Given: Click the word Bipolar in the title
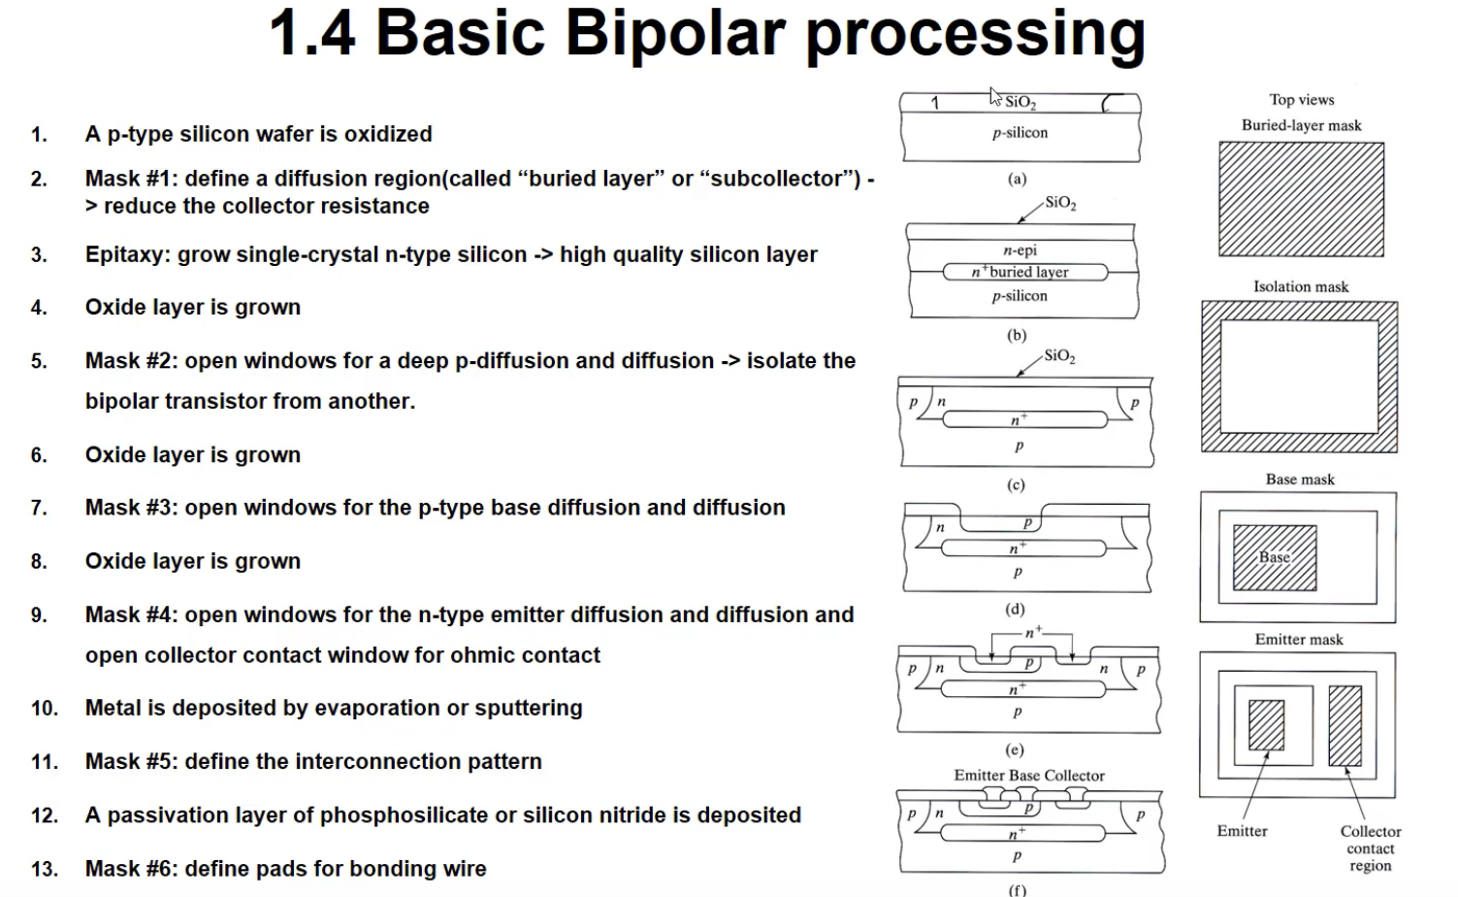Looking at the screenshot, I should pyautogui.click(x=674, y=33).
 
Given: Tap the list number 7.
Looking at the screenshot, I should pyautogui.click(x=39, y=508).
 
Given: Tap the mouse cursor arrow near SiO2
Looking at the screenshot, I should pyautogui.click(x=994, y=95).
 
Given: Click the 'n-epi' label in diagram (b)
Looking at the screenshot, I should pyautogui.click(x=1020, y=250).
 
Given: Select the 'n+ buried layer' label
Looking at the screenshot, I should pyautogui.click(x=1021, y=273).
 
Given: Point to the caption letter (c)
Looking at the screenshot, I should pyautogui.click(x=1016, y=485).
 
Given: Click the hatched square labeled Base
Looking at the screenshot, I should pyautogui.click(x=1274, y=558).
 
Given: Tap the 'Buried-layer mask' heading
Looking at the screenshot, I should pyautogui.click(x=1301, y=125).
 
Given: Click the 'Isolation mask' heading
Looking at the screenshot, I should pyautogui.click(x=1300, y=286).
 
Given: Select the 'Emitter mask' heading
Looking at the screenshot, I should pyautogui.click(x=1299, y=640).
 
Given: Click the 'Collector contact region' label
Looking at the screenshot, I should pyautogui.click(x=1370, y=848).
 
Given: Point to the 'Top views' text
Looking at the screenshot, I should pyautogui.click(x=1301, y=100).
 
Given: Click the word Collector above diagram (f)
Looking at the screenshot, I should pyautogui.click(x=1076, y=776).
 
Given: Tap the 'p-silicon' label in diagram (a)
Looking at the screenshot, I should pyautogui.click(x=1020, y=133).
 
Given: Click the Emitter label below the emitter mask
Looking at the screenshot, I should pyautogui.click(x=1242, y=831).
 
